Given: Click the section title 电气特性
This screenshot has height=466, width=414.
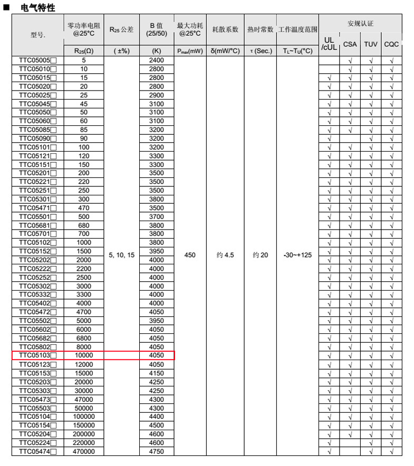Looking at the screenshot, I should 37,8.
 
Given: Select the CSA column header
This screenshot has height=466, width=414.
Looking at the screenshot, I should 350,44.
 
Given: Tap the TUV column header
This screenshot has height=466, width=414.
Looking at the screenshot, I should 371,44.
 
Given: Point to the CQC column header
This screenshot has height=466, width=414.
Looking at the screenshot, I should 391,44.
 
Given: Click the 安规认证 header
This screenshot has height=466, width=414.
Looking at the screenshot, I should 360,24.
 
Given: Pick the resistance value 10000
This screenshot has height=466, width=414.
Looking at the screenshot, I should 84,356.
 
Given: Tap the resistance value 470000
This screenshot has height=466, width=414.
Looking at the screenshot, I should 84,451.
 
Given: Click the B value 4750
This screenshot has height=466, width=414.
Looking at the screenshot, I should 157,451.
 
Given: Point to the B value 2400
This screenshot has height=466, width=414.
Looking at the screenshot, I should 157,61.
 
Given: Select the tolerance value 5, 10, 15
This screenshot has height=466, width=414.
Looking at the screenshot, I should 122,255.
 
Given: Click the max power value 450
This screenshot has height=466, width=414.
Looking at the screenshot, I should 190,255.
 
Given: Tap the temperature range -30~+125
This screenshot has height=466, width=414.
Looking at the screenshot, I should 297,255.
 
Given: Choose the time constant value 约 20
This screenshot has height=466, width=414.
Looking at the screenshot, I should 260,255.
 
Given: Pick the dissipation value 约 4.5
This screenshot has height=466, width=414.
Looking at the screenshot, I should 225,255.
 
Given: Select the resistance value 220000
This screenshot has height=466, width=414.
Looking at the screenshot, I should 84,443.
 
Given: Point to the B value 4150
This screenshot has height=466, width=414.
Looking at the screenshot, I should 157,373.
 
